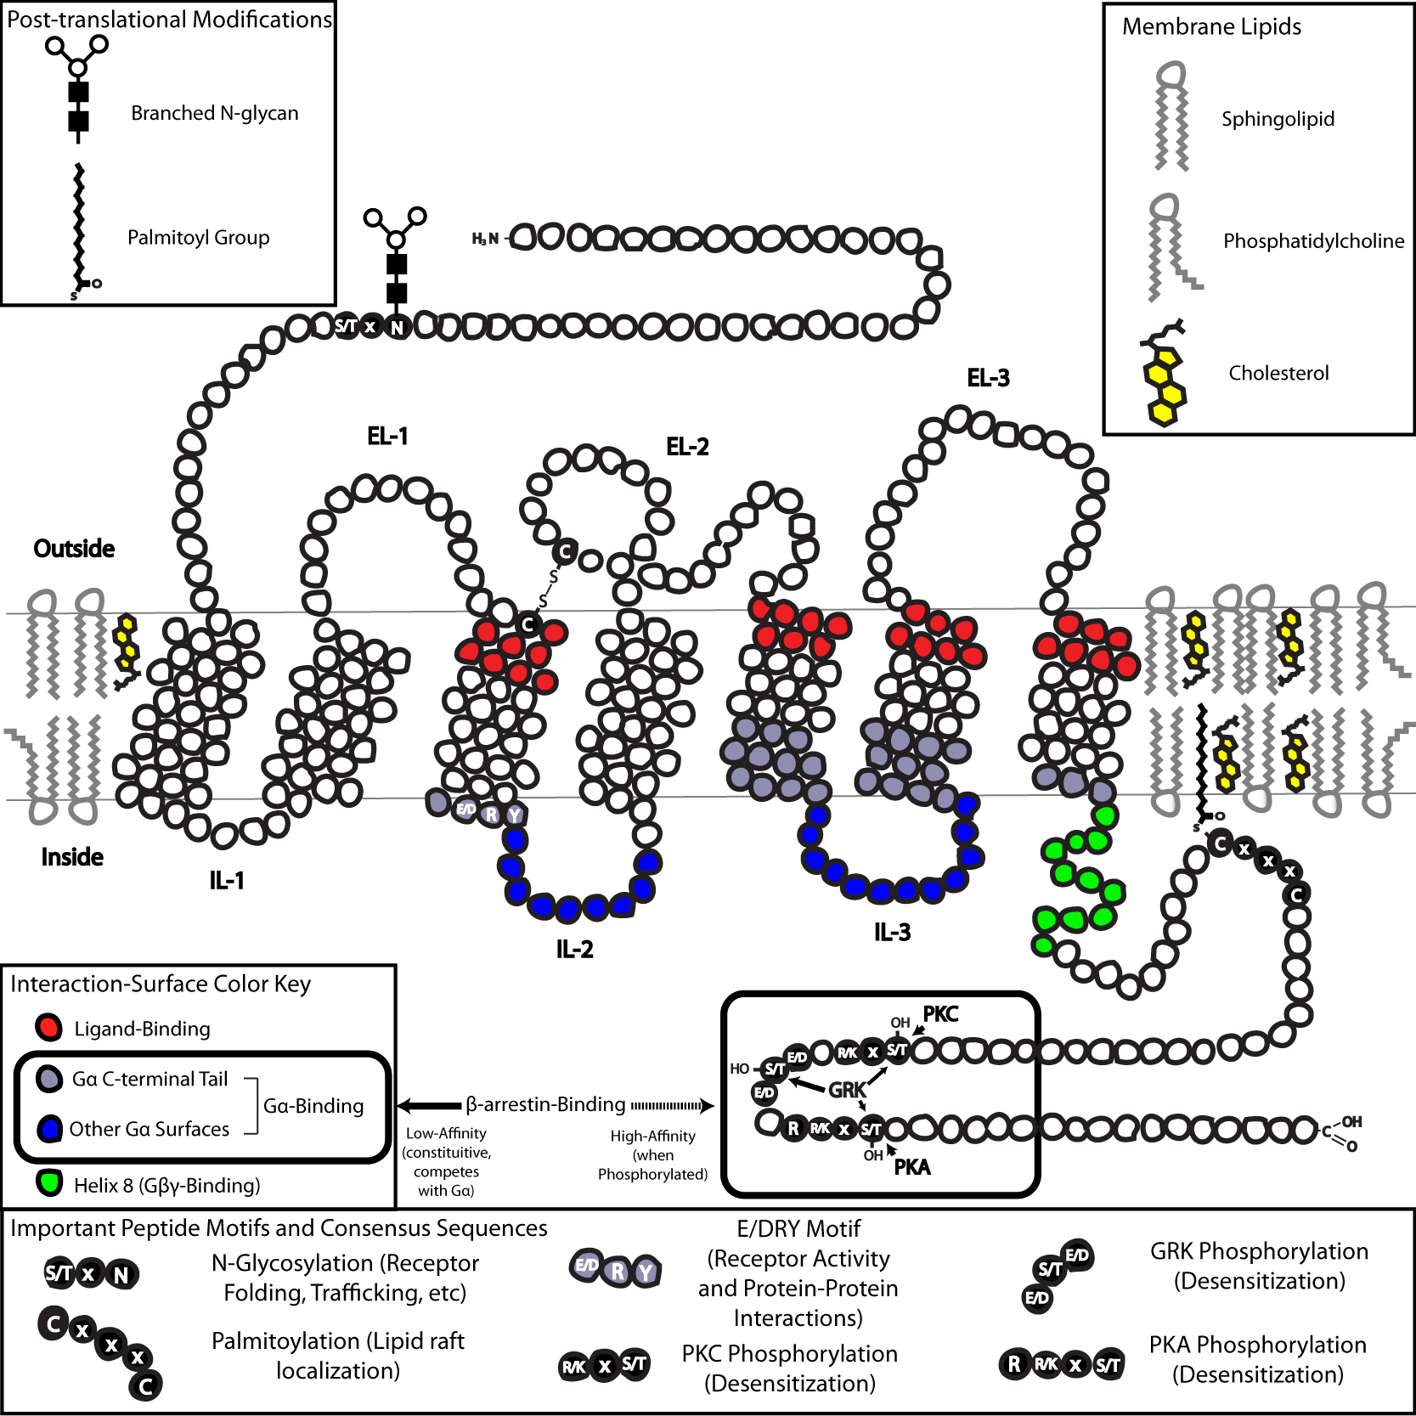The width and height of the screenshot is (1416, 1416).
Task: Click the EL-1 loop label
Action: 387,437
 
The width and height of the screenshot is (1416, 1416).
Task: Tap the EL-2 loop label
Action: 687,447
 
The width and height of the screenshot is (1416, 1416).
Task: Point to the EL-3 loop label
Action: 988,378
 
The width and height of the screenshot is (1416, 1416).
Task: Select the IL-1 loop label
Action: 227,881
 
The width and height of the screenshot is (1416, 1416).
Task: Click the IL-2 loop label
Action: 574,950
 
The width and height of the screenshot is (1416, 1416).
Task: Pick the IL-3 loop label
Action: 892,933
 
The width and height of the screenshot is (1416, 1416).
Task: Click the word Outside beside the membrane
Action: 74,549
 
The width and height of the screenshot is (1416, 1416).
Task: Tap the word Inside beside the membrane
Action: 72,857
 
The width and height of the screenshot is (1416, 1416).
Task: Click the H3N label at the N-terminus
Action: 485,240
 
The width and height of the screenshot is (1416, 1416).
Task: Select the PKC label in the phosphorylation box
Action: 940,1014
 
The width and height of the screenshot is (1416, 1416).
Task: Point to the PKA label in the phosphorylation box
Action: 912,1167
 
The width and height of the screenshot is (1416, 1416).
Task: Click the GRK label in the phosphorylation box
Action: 847,1090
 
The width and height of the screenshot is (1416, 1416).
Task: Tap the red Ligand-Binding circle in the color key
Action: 48,1028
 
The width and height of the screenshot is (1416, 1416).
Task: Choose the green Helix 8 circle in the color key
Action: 49,1183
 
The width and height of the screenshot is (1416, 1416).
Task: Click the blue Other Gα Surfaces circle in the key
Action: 49,1129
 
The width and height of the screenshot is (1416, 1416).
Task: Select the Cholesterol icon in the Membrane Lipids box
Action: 1165,374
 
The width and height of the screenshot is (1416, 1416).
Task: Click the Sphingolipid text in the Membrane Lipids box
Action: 1278,119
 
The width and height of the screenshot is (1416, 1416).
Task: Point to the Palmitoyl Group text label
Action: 198,237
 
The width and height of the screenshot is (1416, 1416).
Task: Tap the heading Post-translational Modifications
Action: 169,20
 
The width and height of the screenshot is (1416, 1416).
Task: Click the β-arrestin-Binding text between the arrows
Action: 545,1104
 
